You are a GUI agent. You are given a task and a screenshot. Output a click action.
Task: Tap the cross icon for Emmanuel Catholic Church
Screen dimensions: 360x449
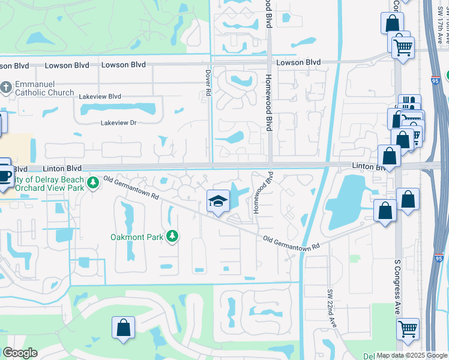tap(6, 88)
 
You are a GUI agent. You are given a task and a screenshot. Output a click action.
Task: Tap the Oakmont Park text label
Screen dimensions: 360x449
tap(137, 237)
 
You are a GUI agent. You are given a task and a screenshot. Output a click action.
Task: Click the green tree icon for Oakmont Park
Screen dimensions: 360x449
tap(173, 236)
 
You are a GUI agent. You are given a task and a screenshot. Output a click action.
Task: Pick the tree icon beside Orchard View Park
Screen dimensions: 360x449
tap(93, 182)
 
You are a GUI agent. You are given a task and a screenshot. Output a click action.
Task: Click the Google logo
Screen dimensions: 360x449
tap(20, 353)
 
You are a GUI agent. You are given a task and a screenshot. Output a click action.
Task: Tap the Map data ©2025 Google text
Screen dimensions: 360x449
tap(411, 355)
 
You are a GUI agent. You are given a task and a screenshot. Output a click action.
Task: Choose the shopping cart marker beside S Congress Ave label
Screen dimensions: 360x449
tap(408, 328)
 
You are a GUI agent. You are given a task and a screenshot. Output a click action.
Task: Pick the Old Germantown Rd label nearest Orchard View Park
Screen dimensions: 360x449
tap(131, 188)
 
